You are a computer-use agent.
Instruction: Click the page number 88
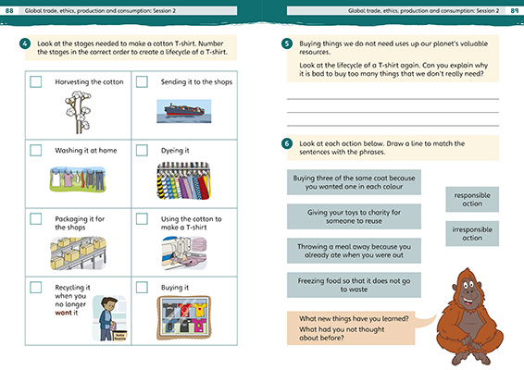coord(8,9)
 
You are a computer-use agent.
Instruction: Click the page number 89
coord(514,9)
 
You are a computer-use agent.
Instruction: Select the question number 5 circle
coord(288,43)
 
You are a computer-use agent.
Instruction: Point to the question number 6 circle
coord(288,143)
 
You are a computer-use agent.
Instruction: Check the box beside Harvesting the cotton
coord(35,81)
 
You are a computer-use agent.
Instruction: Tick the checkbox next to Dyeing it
coord(142,150)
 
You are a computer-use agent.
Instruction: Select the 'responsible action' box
coord(472,199)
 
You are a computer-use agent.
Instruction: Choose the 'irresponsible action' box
coord(472,233)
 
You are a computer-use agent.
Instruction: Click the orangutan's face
coord(473,288)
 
